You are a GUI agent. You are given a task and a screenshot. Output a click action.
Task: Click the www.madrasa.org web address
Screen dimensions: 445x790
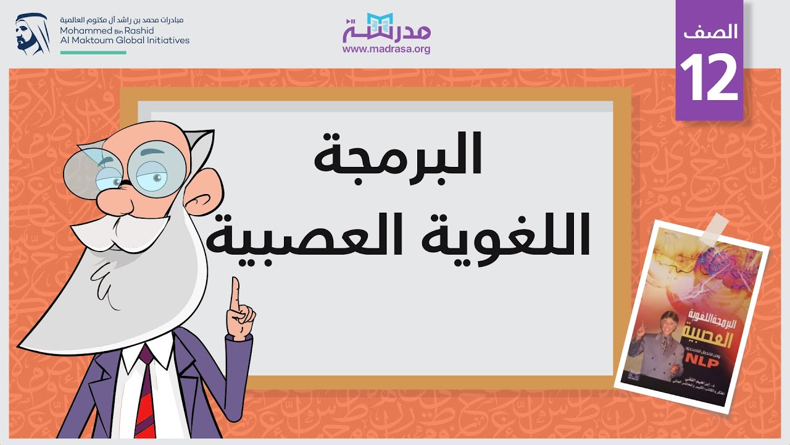tap(386, 49)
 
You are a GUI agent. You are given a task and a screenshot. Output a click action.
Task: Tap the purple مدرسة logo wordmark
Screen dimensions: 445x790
tap(386, 28)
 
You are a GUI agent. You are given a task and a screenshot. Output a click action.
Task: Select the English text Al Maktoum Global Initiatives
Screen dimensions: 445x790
tap(125, 40)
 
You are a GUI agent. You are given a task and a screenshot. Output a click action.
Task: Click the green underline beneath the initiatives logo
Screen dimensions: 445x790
tap(93, 53)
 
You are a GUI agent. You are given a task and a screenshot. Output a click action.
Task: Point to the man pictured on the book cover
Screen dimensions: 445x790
tap(660, 346)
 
